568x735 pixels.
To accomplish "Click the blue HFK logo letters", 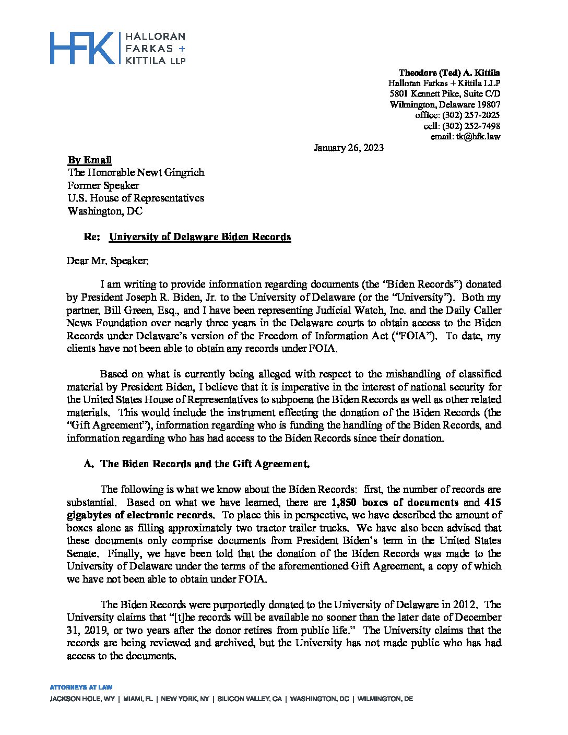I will pyautogui.click(x=82, y=48).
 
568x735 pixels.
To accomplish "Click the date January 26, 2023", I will pyautogui.click(x=348, y=148).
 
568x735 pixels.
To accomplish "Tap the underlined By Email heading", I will pyautogui.click(x=90, y=160).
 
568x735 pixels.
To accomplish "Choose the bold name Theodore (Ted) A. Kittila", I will pyautogui.click(x=449, y=73).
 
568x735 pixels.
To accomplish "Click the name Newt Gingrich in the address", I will pyautogui.click(x=174, y=173).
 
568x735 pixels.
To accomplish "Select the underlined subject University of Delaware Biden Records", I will pyautogui.click(x=200, y=236).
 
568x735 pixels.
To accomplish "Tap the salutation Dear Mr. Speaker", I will pyautogui.click(x=108, y=260).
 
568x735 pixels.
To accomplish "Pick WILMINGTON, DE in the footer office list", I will pyautogui.click(x=385, y=698).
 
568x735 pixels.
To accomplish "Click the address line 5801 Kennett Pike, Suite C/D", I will pyautogui.click(x=445, y=94).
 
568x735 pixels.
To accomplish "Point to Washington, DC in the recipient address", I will pyautogui.click(x=104, y=211).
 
